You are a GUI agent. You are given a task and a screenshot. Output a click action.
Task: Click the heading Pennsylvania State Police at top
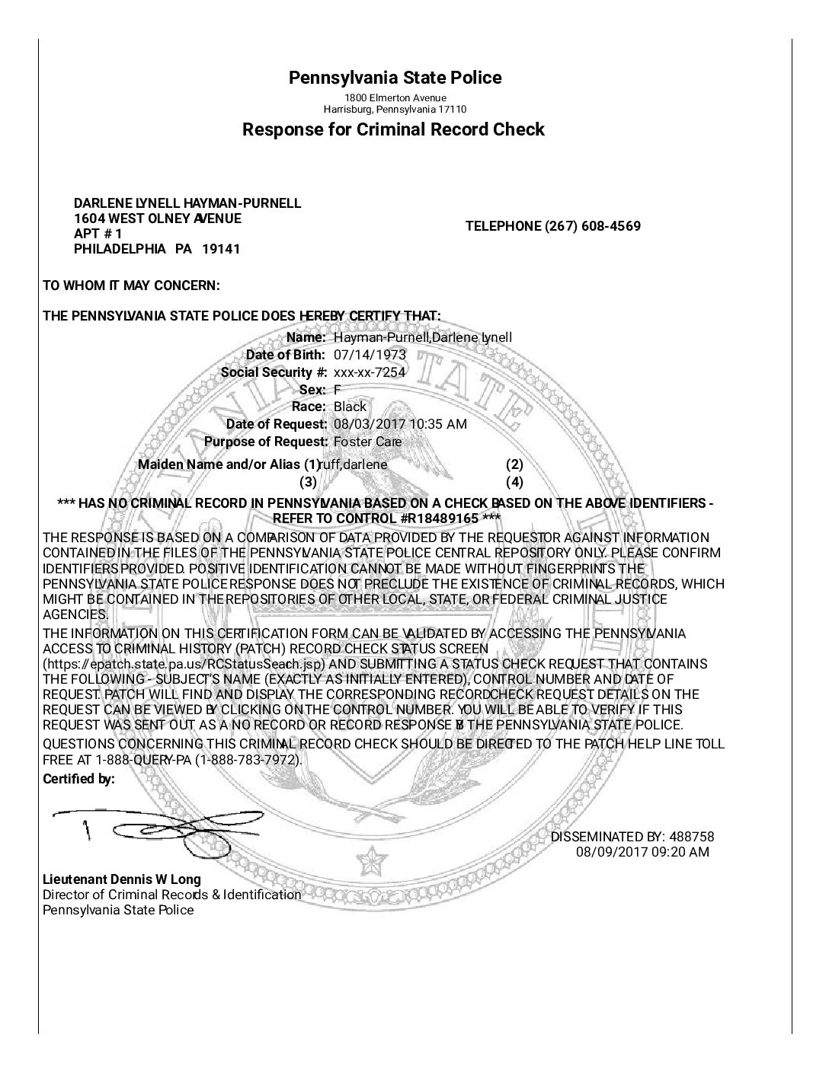point(395,78)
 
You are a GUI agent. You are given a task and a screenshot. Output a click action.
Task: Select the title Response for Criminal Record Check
point(393,129)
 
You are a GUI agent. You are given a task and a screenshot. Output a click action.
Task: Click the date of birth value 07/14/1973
point(370,355)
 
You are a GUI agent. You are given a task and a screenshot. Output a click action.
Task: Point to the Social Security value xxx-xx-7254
point(370,372)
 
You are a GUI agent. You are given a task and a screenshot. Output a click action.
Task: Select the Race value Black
point(350,407)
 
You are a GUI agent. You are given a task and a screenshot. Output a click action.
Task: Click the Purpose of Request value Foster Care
point(367,442)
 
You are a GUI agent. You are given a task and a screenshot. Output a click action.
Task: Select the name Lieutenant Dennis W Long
point(122,879)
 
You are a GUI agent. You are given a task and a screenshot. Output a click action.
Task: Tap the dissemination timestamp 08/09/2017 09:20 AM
point(642,852)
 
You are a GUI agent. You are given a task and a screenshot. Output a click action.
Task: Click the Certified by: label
point(78,779)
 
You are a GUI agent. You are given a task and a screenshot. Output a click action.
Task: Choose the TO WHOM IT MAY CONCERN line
point(131,286)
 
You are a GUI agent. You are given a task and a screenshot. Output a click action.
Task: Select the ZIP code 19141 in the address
point(226,249)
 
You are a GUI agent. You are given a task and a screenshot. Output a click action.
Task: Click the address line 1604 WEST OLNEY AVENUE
point(157,219)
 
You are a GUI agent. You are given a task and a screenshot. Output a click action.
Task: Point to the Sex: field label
point(312,390)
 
